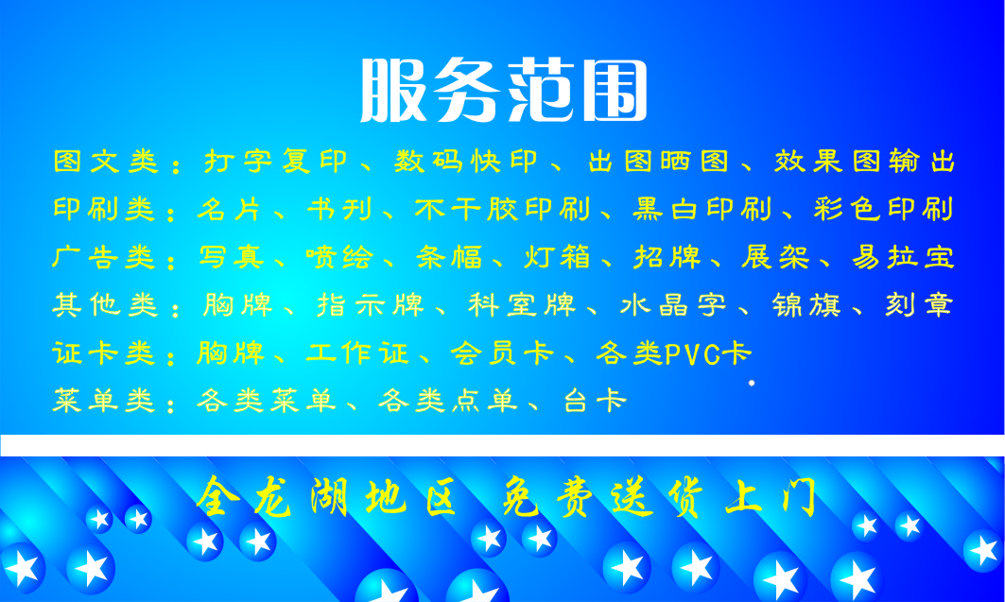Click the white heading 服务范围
coord(503,91)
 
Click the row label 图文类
coord(106,162)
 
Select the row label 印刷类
coord(105,210)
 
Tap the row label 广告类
coord(105,257)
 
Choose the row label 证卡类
coord(105,353)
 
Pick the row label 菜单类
coord(105,402)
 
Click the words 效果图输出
coord(865,162)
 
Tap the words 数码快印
coord(466,162)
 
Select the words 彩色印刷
coord(885,210)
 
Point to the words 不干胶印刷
coord(503,210)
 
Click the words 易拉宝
coord(904,257)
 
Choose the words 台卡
coord(596,402)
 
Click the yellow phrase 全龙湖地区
coord(326,498)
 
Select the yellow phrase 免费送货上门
coord(658,498)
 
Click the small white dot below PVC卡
coord(752,383)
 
